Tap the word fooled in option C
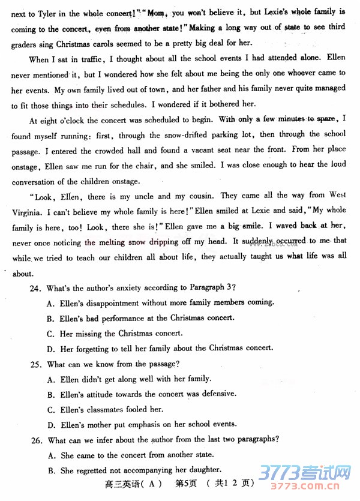coord(131,409)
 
